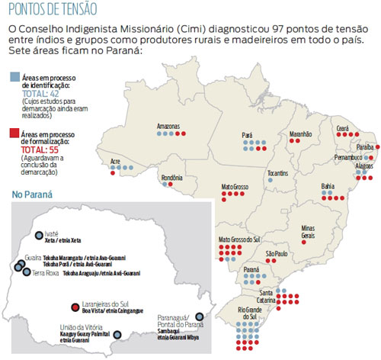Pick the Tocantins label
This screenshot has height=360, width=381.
[x=277, y=173]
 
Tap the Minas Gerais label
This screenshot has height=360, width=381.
[x=307, y=231]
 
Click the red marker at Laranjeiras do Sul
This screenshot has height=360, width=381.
[x=74, y=306]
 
